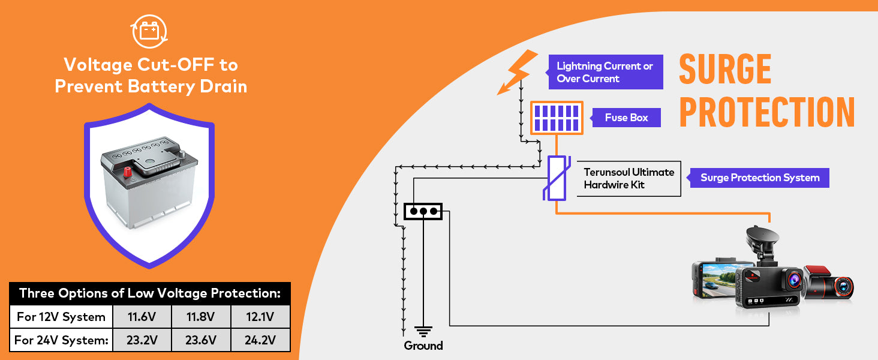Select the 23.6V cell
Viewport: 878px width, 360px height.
200,340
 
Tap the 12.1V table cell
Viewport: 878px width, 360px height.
260,317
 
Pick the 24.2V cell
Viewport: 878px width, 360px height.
260,340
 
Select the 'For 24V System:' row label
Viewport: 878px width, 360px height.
61,340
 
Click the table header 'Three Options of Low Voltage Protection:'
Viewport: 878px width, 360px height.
150,293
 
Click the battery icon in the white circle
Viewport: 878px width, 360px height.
149,31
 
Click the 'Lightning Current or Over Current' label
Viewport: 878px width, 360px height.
605,72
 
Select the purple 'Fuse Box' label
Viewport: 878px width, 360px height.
626,118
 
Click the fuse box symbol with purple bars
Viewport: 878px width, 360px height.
557,118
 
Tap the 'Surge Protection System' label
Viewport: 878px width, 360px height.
759,178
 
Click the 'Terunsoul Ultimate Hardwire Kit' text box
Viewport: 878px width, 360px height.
629,178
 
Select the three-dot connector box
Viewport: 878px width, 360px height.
423,211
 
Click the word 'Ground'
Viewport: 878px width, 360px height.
423,346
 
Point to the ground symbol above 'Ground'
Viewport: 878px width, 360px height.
423,331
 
